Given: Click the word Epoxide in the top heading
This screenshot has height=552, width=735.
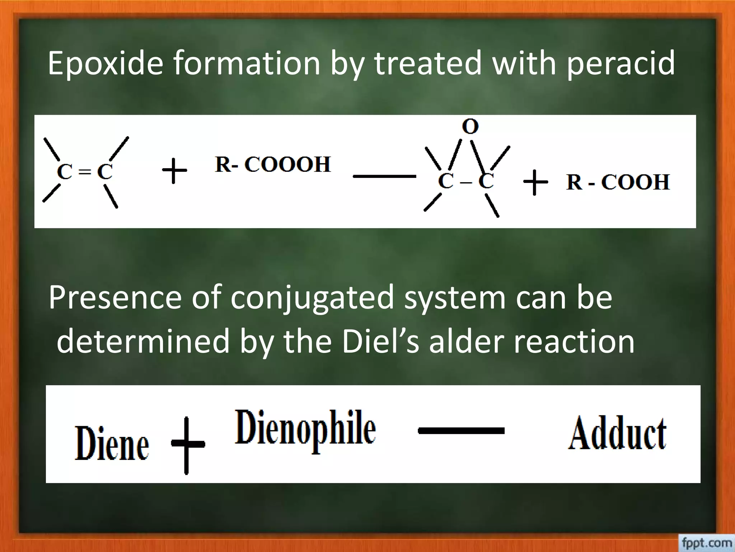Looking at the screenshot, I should [106, 64].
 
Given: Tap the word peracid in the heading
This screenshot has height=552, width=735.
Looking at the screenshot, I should [621, 64].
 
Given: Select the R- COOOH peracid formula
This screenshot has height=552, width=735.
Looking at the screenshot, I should [273, 165].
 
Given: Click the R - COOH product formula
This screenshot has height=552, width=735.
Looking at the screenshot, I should [618, 182].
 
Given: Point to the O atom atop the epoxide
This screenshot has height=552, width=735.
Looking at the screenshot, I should [470, 126].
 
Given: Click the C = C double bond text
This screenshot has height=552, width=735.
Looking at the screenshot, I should [85, 172].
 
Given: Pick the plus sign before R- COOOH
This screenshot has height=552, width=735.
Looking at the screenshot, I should [174, 171].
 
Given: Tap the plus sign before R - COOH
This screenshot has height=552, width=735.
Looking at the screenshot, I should [535, 182].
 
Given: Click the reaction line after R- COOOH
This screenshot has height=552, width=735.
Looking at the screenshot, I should [384, 176].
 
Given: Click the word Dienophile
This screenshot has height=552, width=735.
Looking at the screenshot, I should [305, 428].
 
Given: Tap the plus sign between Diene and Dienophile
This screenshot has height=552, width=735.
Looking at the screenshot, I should [187, 445].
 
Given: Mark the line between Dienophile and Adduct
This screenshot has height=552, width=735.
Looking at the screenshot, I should [461, 430].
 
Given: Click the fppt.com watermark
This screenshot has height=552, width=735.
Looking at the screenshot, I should [706, 542].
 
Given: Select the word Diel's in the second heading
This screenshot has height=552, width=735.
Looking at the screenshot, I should [380, 341].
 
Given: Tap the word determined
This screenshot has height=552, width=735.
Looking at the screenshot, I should [143, 341].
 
